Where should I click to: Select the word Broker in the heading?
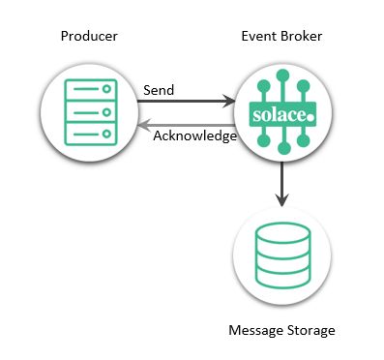pyautogui.click(x=302, y=36)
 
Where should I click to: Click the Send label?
pyautogui.click(x=159, y=89)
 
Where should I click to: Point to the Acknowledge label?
pyautogui.click(x=195, y=135)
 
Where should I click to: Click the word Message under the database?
pyautogui.click(x=255, y=331)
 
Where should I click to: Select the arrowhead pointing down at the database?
pyautogui.click(x=282, y=200)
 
